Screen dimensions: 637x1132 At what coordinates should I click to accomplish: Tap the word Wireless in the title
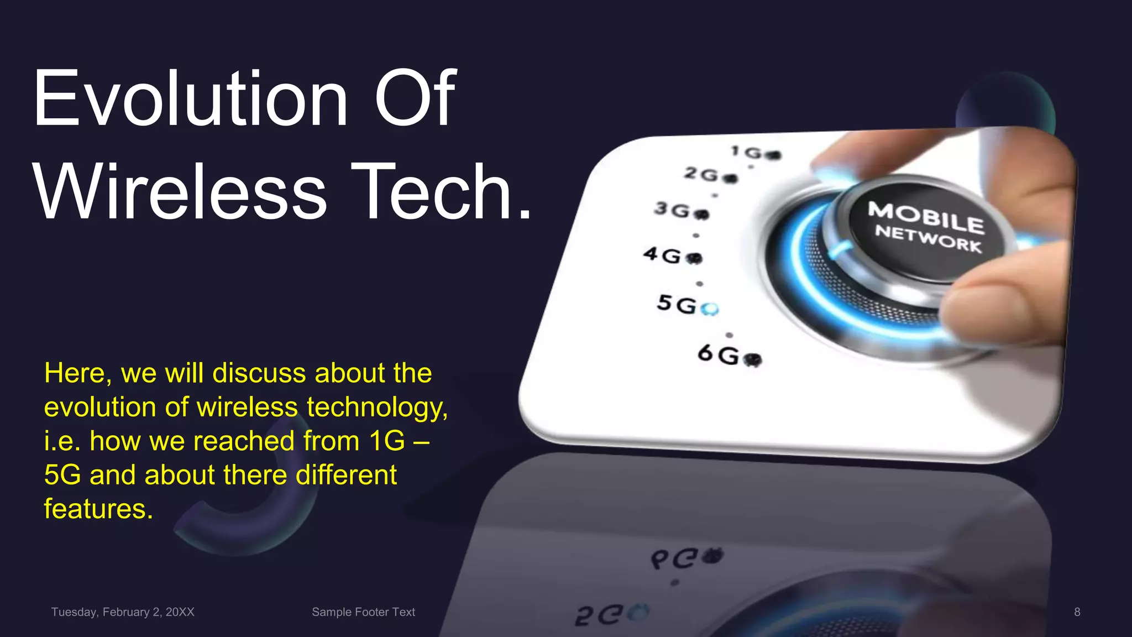click(180, 192)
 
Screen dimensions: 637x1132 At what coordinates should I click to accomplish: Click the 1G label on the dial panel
click(747, 152)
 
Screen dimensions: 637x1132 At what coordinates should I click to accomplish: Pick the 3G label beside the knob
click(672, 210)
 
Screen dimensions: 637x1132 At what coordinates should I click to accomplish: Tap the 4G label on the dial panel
click(662, 255)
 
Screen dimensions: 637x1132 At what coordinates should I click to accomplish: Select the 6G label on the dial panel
click(718, 354)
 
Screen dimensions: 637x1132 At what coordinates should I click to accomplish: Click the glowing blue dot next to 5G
click(709, 309)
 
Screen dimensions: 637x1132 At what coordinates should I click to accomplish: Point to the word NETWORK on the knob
click(928, 239)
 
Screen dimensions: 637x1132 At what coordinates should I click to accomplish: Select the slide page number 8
click(1077, 612)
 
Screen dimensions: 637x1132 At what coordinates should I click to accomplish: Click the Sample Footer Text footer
click(363, 612)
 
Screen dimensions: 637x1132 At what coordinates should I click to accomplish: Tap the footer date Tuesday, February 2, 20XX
click(123, 612)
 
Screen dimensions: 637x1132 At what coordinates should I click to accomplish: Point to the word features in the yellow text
click(98, 509)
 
